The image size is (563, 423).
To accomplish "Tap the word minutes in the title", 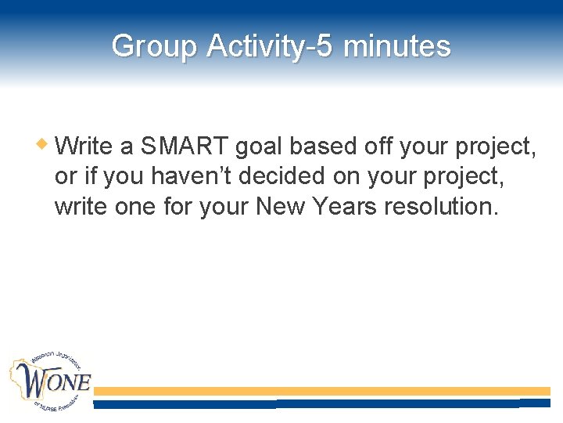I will click(396, 46).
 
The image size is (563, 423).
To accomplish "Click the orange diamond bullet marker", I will click(45, 143).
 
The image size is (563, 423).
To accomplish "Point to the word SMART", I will click(185, 146).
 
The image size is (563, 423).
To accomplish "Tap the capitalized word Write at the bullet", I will click(84, 146).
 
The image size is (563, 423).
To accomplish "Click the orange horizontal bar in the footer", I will click(321, 391).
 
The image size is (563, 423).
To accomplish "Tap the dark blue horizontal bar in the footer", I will click(321, 403).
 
